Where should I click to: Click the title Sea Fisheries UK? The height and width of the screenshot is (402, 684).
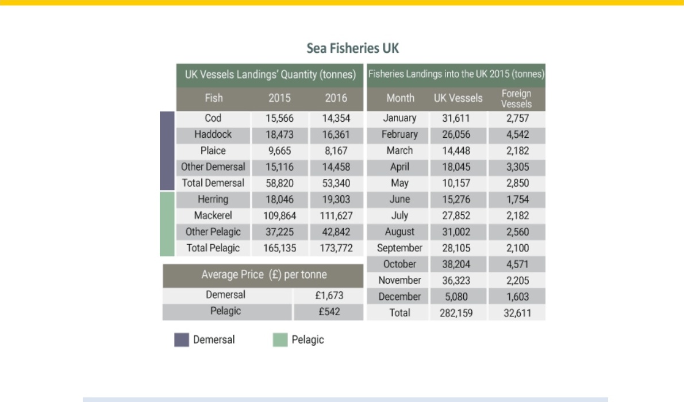coord(352,48)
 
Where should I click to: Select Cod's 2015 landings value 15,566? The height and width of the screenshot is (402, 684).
coord(279,119)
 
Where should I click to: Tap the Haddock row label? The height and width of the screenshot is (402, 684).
coord(213,134)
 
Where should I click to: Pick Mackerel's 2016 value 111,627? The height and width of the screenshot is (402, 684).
coord(336,216)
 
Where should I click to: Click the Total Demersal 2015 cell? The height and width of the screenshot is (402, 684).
coord(279,183)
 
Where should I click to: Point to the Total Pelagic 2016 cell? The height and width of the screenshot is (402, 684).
coord(336,248)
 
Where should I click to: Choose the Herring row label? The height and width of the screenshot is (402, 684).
coord(213,199)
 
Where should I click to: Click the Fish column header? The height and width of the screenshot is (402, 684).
coord(214,98)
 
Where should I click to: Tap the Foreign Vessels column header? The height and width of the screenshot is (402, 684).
coord(517,99)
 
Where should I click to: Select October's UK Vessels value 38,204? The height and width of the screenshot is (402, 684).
coord(456,264)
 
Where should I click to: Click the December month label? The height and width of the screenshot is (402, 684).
coord(399,297)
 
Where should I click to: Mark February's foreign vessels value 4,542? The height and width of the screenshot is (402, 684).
coord(517,135)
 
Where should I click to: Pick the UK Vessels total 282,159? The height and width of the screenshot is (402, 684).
coord(456,313)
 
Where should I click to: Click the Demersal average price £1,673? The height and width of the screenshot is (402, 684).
coord(329,296)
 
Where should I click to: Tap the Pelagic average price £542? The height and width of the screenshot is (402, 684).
coord(329,312)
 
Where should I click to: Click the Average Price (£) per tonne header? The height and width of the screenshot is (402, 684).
coord(264,275)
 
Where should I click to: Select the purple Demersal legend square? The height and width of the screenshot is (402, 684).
coord(182,339)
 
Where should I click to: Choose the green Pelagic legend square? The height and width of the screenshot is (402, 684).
coord(280,339)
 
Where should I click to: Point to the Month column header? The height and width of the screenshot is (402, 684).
coord(401,98)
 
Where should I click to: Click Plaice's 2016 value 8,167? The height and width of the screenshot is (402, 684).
coord(336,151)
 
